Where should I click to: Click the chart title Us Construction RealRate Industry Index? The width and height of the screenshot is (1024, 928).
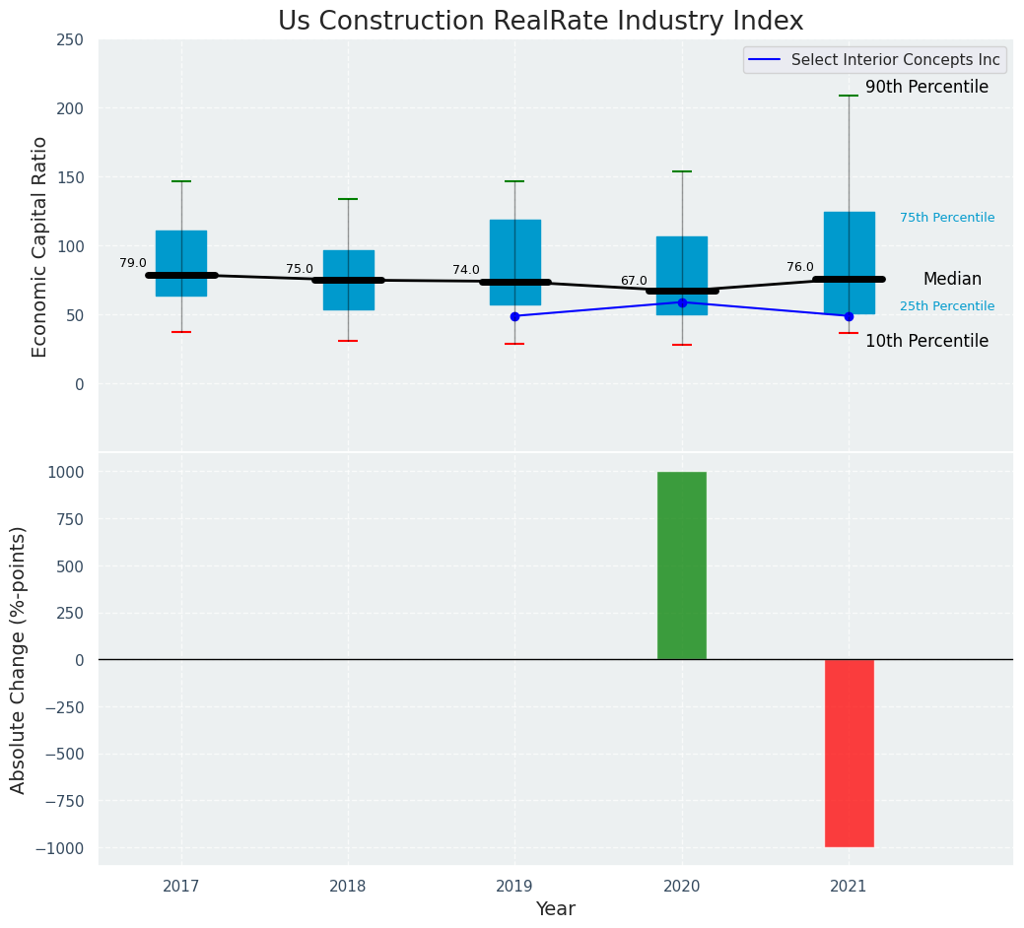pos(540,22)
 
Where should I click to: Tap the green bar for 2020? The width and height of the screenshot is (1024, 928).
pos(682,565)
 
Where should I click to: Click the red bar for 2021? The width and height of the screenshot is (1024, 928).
pos(849,753)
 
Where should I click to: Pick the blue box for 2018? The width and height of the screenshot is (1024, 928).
pos(348,266)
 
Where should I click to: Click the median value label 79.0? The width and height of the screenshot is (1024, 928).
pos(133,263)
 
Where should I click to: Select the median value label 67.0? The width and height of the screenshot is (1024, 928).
pos(634,281)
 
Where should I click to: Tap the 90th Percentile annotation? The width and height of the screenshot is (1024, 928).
pos(926,88)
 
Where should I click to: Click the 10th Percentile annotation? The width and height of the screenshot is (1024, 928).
pos(926,342)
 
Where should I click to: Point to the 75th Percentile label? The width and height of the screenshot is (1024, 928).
pos(947,218)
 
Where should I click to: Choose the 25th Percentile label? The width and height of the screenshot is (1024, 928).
pos(947,306)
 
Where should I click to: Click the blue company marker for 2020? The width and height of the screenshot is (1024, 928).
pos(682,302)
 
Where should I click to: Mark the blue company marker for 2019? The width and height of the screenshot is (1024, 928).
pos(514,316)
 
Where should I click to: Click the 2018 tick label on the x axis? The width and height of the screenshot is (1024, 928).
pos(348,887)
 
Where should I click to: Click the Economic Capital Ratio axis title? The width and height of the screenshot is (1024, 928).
pos(40,246)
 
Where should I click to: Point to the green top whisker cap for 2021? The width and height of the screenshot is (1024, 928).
pos(849,96)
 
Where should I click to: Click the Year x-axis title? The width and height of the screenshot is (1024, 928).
pos(556,909)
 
